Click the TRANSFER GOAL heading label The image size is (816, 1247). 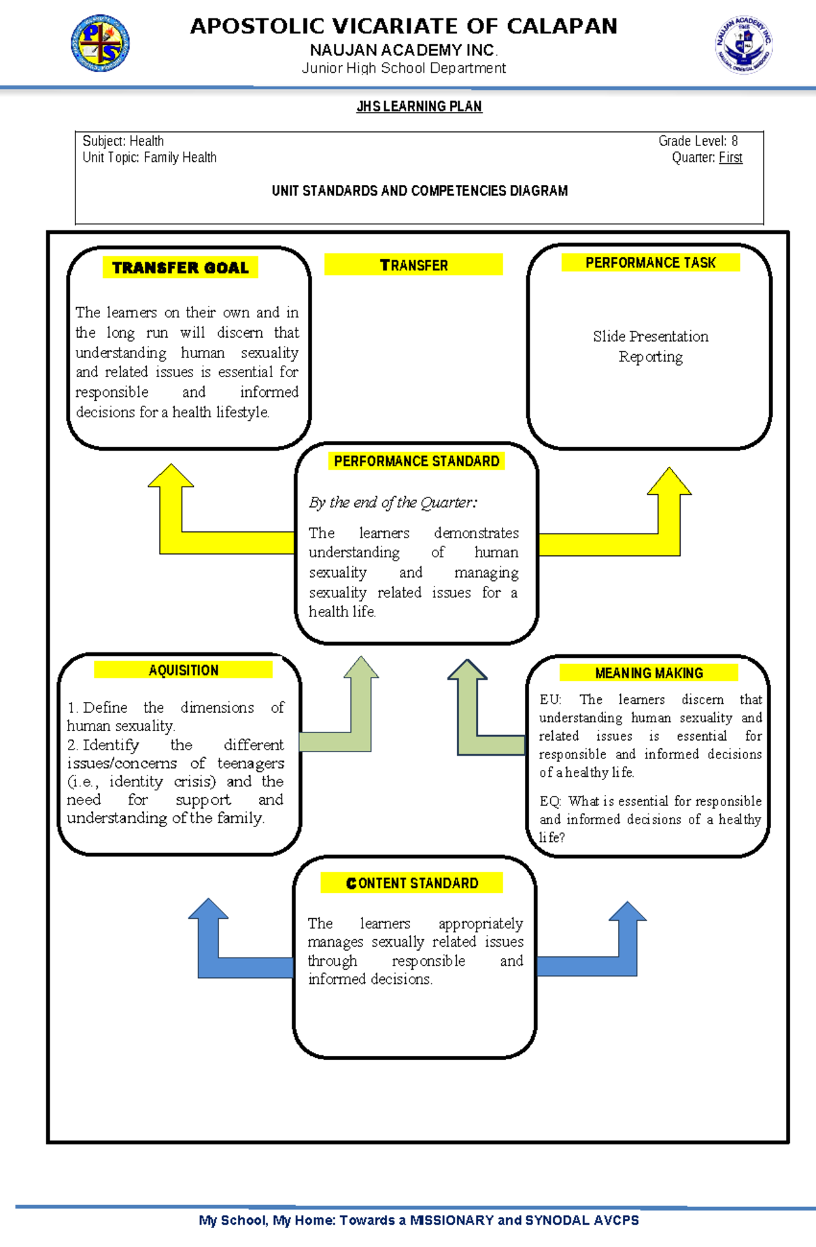pyautogui.click(x=180, y=268)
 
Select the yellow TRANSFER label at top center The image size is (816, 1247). pyautogui.click(x=413, y=265)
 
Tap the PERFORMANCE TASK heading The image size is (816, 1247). pyautogui.click(x=650, y=262)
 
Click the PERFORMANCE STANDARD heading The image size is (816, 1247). pyautogui.click(x=416, y=461)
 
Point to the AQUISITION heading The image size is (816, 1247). pyautogui.click(x=184, y=670)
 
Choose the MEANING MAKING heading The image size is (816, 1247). pyautogui.click(x=649, y=673)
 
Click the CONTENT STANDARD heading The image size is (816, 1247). pyautogui.click(x=412, y=883)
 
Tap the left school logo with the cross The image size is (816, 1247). pyautogui.click(x=101, y=43)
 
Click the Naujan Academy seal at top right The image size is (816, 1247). pyautogui.click(x=743, y=45)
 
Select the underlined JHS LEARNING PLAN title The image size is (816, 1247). pyautogui.click(x=419, y=107)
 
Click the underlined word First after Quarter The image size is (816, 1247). pyautogui.click(x=730, y=158)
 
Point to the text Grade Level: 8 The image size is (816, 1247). pyautogui.click(x=698, y=141)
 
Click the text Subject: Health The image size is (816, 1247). pyautogui.click(x=123, y=141)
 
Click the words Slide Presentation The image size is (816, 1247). pyautogui.click(x=650, y=336)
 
